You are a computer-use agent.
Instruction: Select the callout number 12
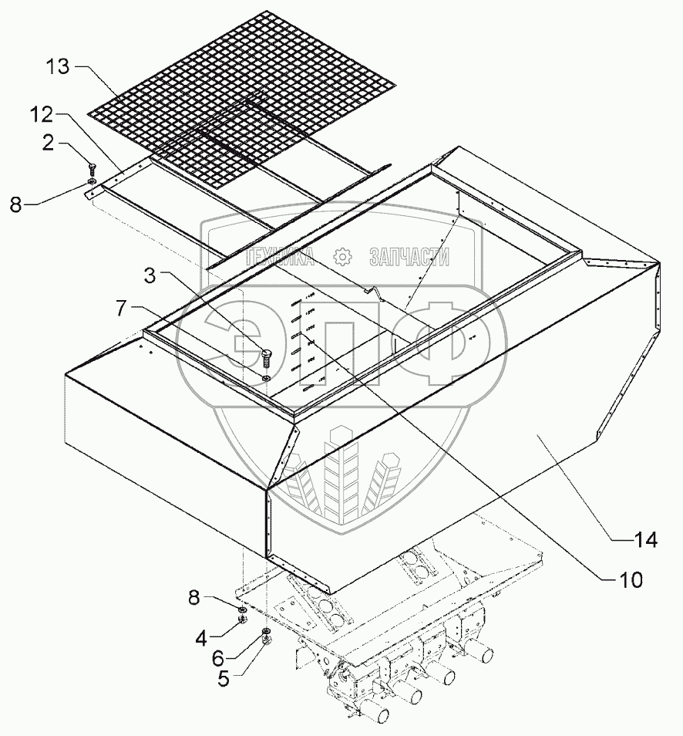[x=42, y=115]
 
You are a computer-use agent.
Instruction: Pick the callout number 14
[x=647, y=539]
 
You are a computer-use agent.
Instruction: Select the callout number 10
[x=624, y=578]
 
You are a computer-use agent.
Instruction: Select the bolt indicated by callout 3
[x=267, y=356]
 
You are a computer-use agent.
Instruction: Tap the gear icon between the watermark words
[x=342, y=258]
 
